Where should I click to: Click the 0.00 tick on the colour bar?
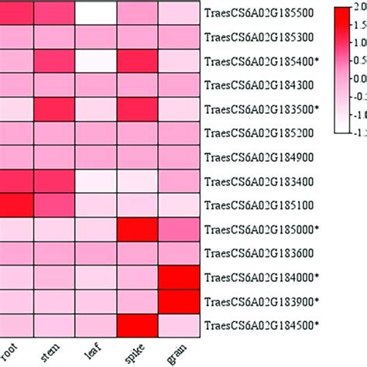[352, 78]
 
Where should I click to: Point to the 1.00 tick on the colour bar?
[352, 43]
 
